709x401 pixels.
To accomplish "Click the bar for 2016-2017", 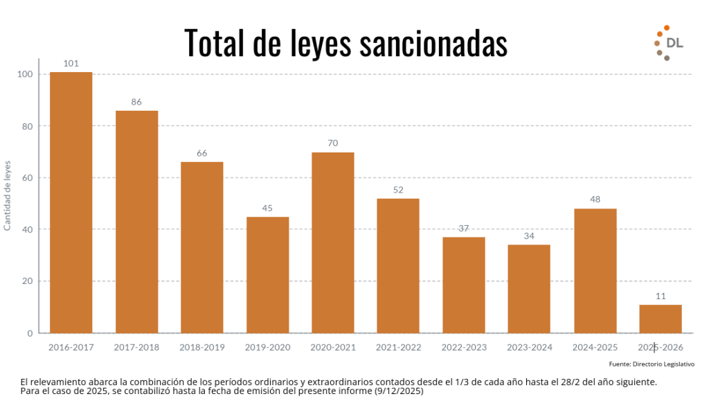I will click(71, 202).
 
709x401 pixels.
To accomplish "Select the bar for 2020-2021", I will click(332, 242).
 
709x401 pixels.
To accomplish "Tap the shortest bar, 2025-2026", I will click(660, 319).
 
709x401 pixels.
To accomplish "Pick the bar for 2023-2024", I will click(529, 289).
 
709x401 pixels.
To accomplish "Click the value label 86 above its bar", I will click(136, 102).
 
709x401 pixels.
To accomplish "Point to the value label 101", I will click(71, 64).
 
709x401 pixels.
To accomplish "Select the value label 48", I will click(595, 199).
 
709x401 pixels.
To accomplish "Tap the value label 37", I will click(464, 229).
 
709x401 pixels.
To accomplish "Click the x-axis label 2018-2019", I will click(201, 347).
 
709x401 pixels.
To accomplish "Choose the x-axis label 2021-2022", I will click(398, 347).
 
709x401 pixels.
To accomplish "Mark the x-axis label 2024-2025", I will click(595, 347).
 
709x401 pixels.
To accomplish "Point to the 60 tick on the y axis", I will click(26, 178).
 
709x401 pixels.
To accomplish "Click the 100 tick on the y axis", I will click(24, 74).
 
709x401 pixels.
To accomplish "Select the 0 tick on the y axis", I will click(30, 333).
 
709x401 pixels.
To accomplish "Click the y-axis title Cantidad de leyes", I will click(8, 195).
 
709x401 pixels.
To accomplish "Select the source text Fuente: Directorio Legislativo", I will click(652, 364).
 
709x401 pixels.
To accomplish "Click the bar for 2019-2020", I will click(267, 275).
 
